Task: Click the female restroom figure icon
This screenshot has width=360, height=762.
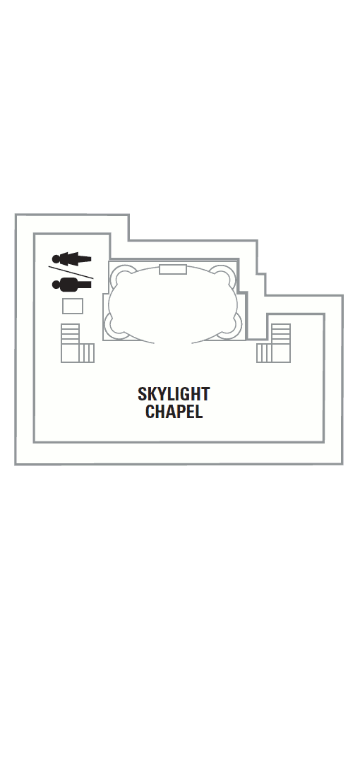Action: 72,258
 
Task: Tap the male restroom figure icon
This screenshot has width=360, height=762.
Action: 72,285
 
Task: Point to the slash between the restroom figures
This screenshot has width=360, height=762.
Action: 71,272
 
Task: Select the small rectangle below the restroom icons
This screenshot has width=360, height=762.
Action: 73,306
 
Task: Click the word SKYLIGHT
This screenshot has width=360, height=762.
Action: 174,394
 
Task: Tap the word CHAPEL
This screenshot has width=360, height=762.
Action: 174,412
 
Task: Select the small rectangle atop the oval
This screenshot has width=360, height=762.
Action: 173,269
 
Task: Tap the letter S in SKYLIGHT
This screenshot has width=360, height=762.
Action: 143,394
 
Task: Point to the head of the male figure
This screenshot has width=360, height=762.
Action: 56,285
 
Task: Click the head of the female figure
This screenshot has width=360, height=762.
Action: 56,258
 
